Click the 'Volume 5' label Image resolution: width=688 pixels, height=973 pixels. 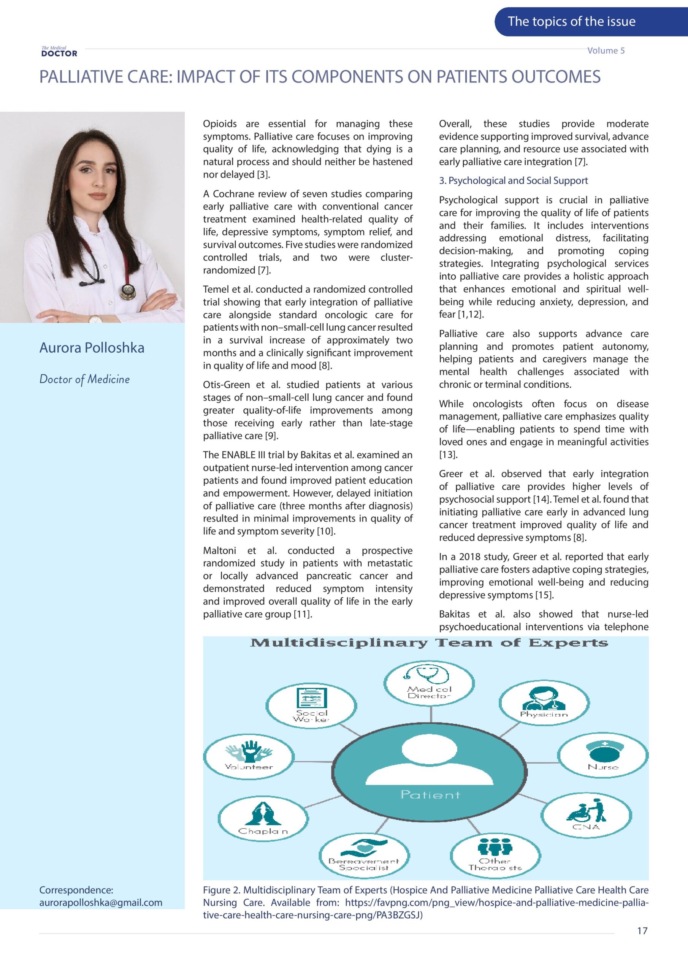[606, 51]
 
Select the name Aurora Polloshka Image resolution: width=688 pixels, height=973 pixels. [92, 347]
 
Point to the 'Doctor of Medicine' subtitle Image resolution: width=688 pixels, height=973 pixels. [84, 379]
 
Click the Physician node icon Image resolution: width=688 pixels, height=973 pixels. [544, 698]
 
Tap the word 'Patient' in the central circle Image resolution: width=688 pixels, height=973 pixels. [430, 795]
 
